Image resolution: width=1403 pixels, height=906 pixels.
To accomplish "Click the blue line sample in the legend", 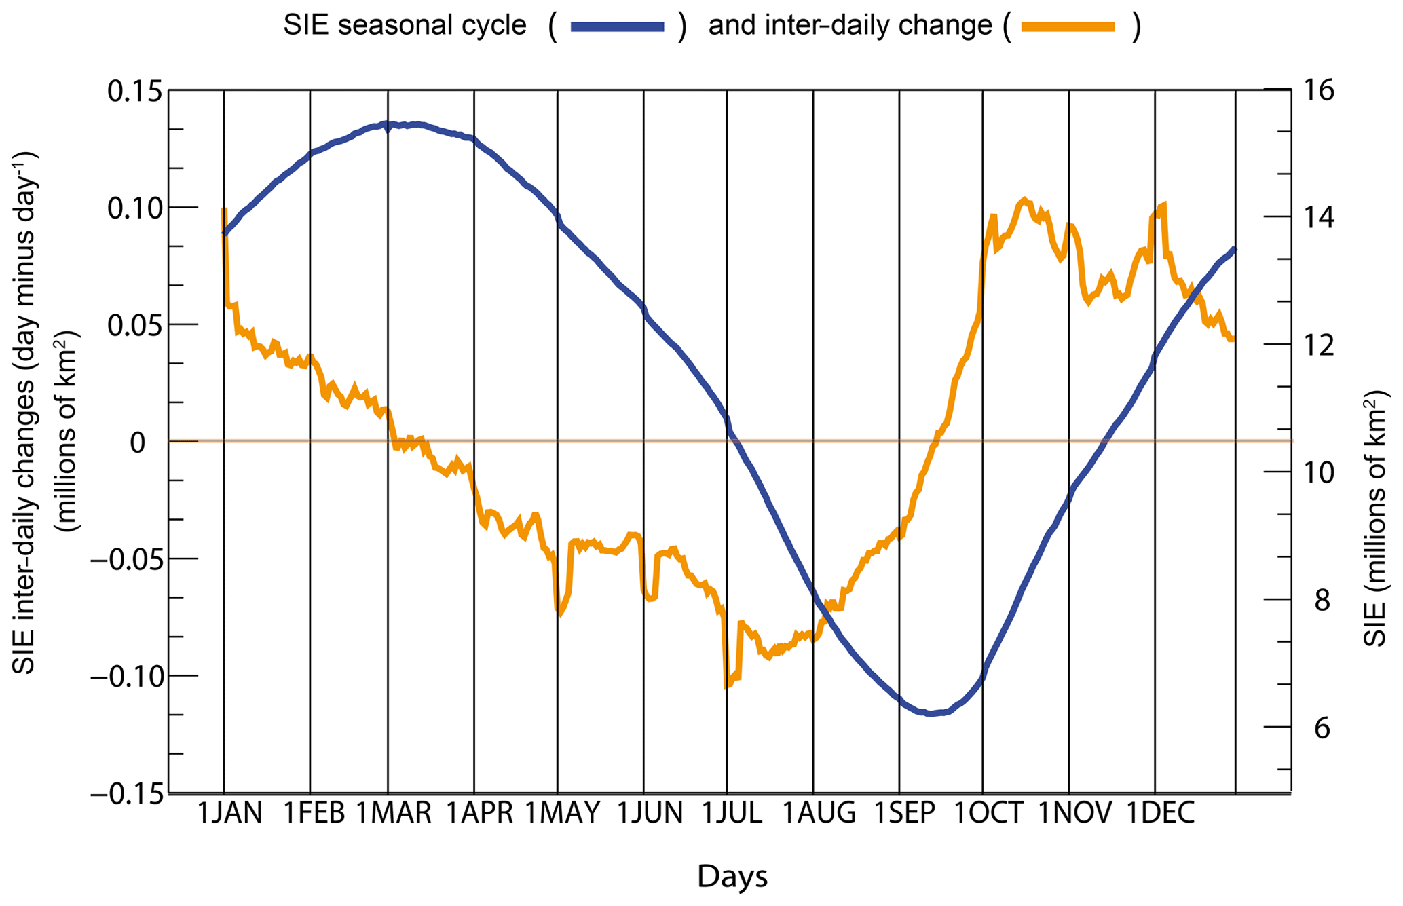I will [x=617, y=27].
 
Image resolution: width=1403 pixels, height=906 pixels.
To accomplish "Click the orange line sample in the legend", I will [x=1068, y=27].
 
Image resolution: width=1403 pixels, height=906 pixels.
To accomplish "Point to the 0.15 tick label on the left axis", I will [x=135, y=91].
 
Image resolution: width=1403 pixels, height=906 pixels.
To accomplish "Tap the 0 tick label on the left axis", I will [x=138, y=442].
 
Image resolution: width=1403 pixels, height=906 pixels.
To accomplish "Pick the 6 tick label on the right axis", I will [x=1323, y=728].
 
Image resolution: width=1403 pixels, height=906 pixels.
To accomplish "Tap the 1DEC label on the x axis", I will [x=1160, y=812].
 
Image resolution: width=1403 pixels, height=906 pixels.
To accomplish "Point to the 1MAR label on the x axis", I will [x=394, y=812].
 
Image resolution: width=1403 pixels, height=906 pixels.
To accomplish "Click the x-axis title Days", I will [x=732, y=876].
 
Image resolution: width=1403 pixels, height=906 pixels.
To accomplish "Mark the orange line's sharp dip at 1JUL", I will [x=726, y=686].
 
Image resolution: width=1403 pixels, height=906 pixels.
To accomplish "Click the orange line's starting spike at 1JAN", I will [x=224, y=210].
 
